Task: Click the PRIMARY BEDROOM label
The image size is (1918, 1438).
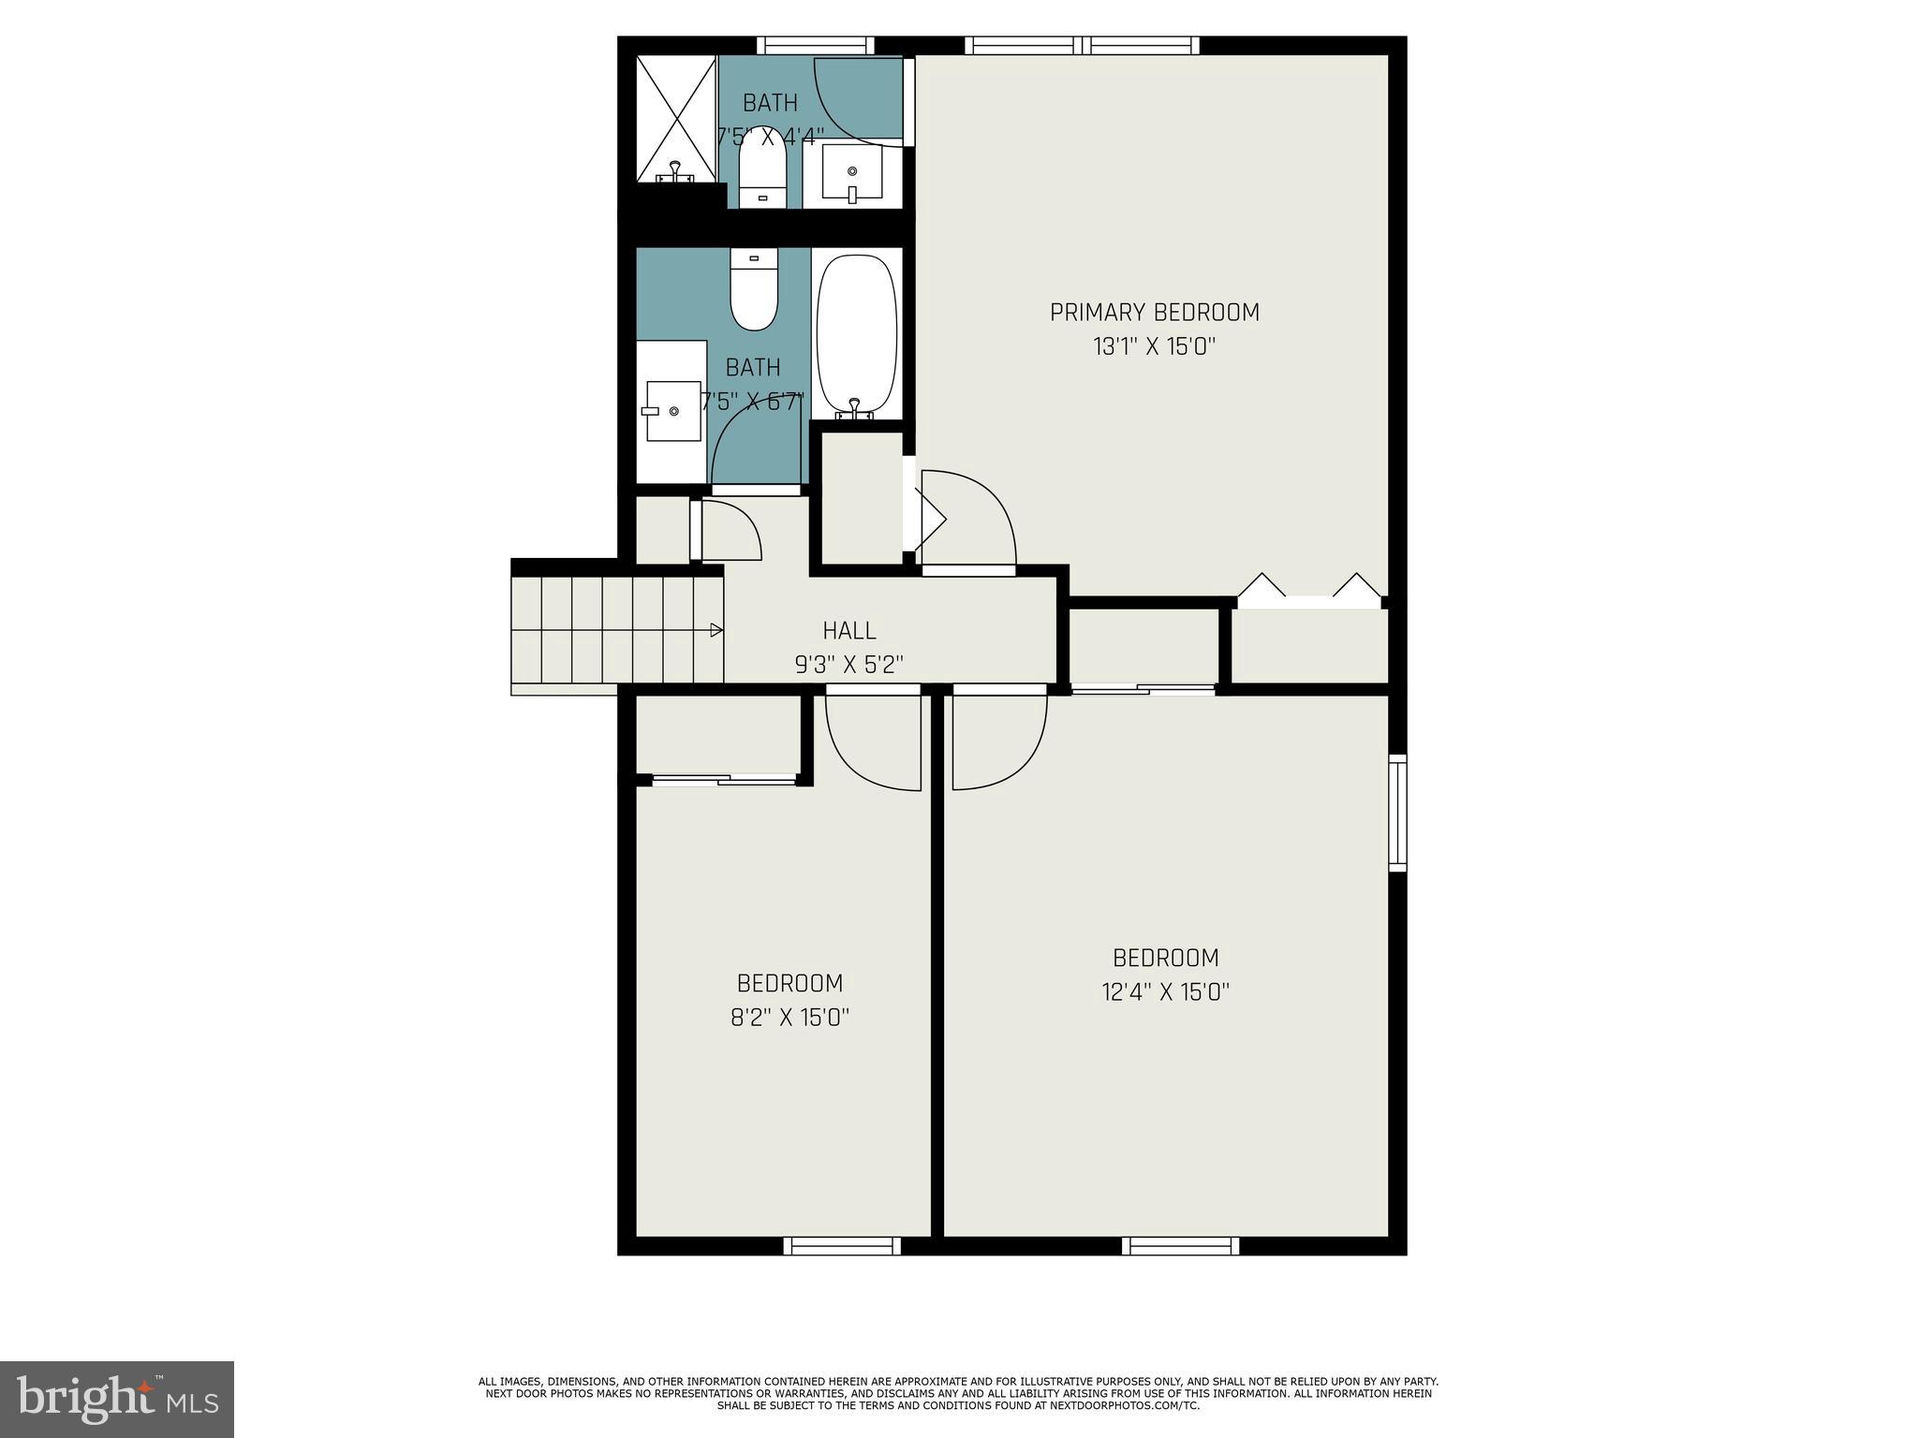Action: click(1154, 312)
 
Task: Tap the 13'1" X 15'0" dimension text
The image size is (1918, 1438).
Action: click(1154, 347)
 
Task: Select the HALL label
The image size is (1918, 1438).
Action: click(849, 630)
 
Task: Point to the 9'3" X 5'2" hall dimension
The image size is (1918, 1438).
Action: click(849, 665)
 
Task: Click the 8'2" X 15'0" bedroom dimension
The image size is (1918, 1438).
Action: click(789, 1018)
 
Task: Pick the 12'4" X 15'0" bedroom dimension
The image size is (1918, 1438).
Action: click(1165, 991)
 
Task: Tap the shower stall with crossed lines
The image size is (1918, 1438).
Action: click(676, 119)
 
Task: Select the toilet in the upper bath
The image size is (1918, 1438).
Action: click(761, 177)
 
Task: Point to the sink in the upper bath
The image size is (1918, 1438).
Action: click(852, 172)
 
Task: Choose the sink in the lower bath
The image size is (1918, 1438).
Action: click(673, 411)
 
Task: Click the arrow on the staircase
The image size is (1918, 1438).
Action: click(716, 630)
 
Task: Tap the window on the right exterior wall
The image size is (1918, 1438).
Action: click(1396, 813)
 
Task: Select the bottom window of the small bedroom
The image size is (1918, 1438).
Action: click(842, 1245)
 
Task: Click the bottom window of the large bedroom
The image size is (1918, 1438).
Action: click(1180, 1245)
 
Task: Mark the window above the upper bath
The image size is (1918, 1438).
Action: click(815, 45)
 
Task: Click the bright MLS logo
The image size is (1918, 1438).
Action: click(116, 1399)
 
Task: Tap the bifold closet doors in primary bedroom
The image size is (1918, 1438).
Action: click(1309, 590)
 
